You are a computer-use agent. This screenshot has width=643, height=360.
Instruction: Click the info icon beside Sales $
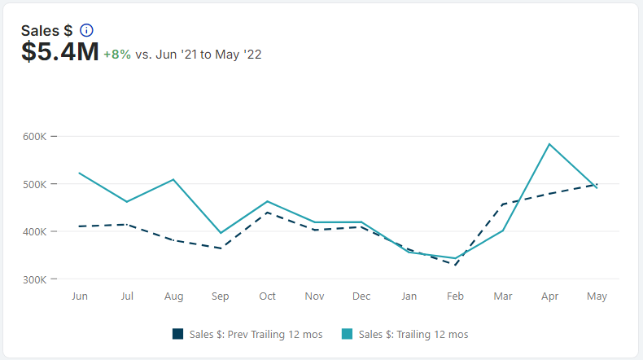pyautogui.click(x=86, y=30)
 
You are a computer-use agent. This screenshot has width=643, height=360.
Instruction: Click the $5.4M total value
pyautogui.click(x=60, y=53)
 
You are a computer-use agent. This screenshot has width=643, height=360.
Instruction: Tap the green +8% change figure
pyautogui.click(x=117, y=55)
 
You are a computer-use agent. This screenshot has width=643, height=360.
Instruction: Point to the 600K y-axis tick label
pyautogui.click(x=36, y=136)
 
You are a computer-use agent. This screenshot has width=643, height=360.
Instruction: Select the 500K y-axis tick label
pyautogui.click(x=36, y=184)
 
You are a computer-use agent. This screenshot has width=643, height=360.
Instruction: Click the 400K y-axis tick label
pyautogui.click(x=36, y=232)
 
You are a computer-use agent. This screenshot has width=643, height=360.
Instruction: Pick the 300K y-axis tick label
pyautogui.click(x=36, y=279)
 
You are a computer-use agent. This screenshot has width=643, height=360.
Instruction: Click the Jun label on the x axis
pyautogui.click(x=80, y=296)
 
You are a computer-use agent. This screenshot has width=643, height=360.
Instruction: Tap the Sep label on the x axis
pyautogui.click(x=221, y=296)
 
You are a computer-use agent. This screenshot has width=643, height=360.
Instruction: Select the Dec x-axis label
pyautogui.click(x=361, y=296)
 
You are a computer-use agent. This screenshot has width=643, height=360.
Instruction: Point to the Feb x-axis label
pyautogui.click(x=456, y=296)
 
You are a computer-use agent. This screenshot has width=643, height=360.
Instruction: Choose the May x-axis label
pyautogui.click(x=597, y=296)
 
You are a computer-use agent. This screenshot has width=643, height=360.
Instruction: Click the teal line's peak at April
pyautogui.click(x=550, y=144)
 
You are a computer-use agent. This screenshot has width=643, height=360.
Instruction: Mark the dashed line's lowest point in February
pyautogui.click(x=456, y=265)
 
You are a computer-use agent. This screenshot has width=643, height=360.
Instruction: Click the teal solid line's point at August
pyautogui.click(x=173, y=179)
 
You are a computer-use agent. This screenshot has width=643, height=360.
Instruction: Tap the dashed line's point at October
pyautogui.click(x=268, y=212)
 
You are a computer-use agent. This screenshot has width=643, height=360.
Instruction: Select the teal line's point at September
pyautogui.click(x=221, y=233)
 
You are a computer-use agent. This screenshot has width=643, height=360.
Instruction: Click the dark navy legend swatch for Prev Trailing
pyautogui.click(x=178, y=334)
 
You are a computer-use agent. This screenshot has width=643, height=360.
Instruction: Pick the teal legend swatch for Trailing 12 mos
pyautogui.click(x=348, y=334)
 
